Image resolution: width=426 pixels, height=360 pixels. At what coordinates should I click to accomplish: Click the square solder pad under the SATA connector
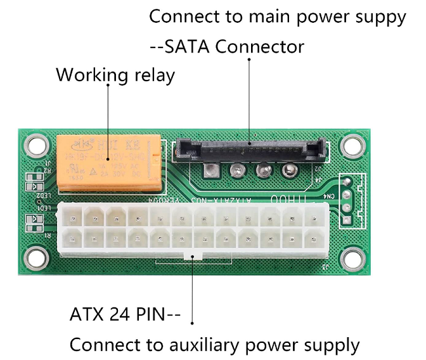(212, 169)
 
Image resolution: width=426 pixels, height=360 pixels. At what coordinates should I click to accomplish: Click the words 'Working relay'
(115, 75)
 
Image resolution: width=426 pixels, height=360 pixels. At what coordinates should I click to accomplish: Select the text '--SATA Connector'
(226, 47)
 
